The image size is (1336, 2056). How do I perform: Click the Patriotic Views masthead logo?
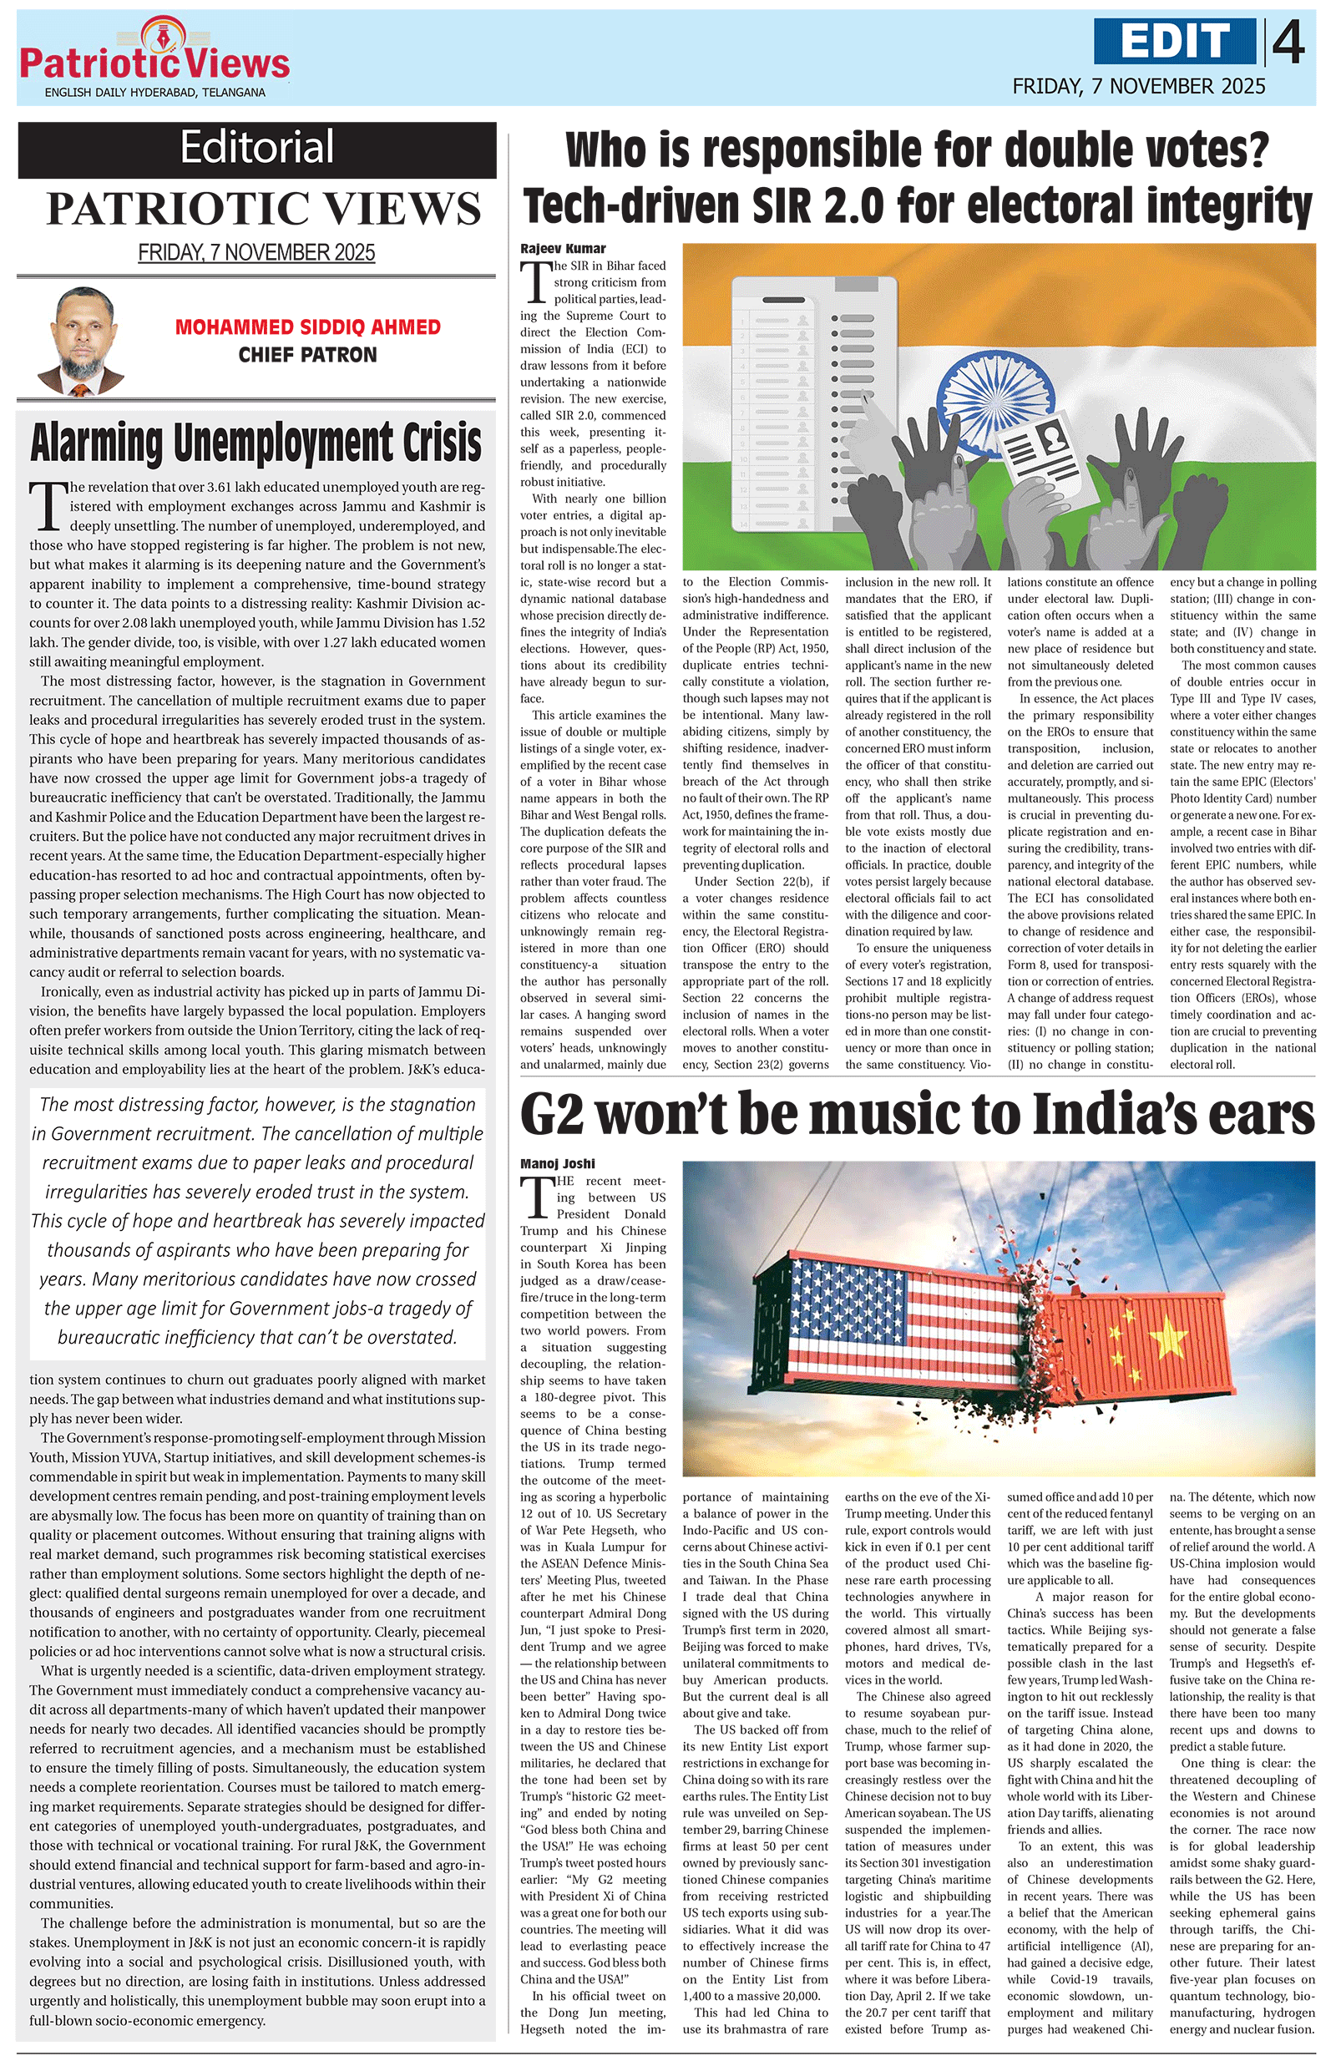click(154, 56)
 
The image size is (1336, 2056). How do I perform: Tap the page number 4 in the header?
click(1288, 43)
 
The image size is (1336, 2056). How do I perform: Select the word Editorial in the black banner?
click(256, 148)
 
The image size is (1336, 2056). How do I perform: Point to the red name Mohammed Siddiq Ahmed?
click(307, 327)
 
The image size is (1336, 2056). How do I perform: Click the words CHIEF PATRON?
click(307, 355)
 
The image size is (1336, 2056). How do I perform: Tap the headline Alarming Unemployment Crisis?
click(256, 443)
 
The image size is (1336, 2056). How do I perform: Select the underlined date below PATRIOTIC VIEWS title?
click(256, 253)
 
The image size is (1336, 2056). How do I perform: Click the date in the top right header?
click(1138, 86)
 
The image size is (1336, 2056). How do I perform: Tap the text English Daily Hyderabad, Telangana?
click(155, 93)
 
